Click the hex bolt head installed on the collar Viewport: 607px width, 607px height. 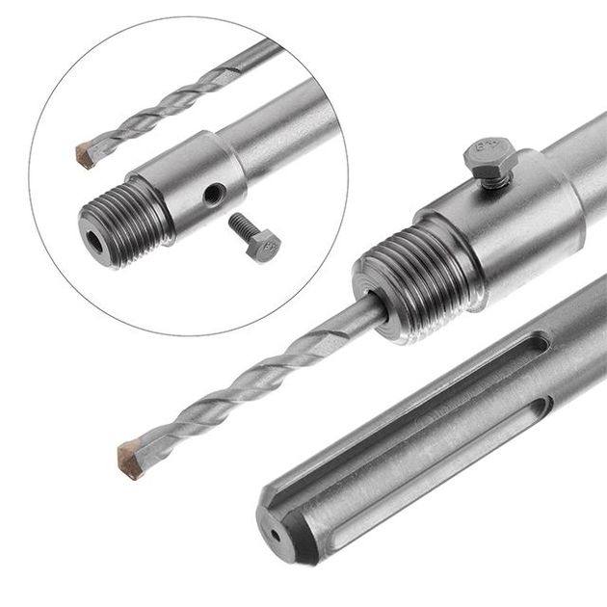tap(481, 151)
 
